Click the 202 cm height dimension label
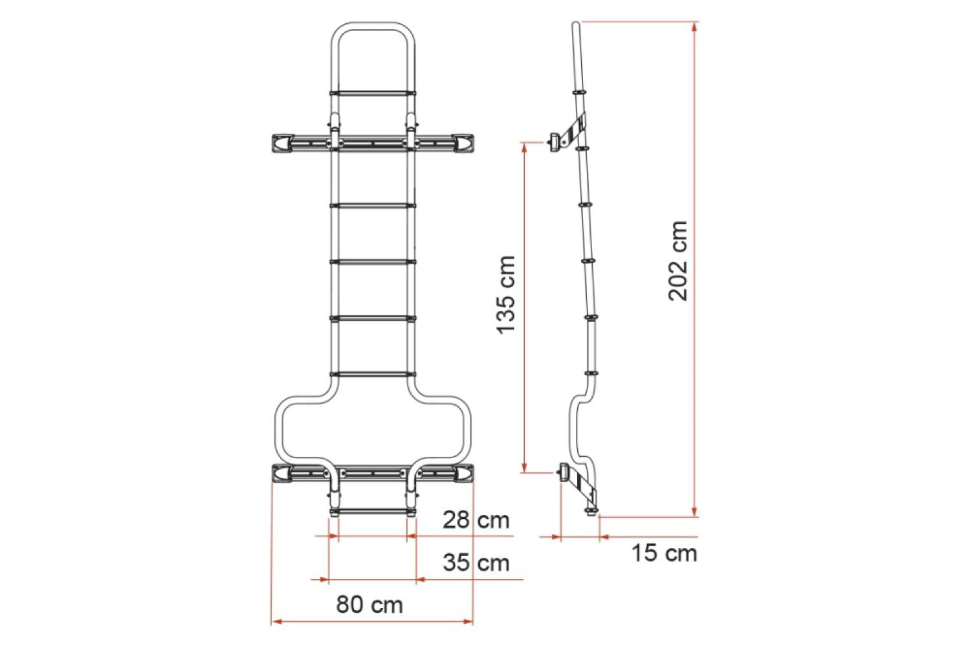click(x=678, y=261)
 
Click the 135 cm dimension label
click(x=506, y=294)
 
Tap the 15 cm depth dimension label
click(x=664, y=553)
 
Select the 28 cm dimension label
click(x=476, y=520)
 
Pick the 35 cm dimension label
click(x=476, y=562)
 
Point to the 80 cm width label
click(x=369, y=604)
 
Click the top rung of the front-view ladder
click(x=372, y=93)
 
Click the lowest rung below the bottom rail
click(x=372, y=511)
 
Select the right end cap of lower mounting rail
click(x=463, y=474)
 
